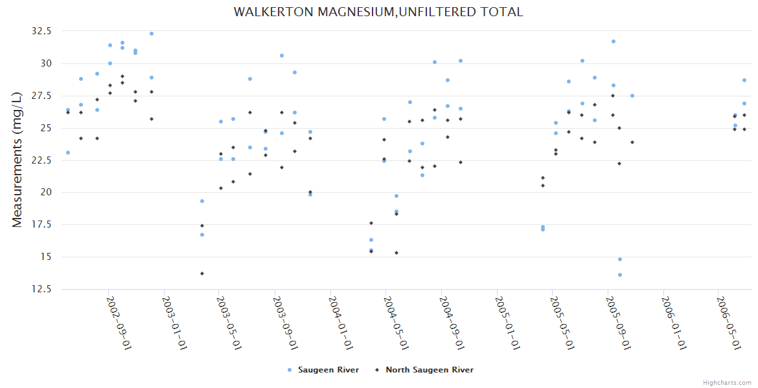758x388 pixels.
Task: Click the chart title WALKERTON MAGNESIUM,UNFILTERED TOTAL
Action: [378, 12]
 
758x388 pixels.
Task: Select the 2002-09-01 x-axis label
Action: [119, 323]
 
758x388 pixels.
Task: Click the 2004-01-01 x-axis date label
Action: [340, 323]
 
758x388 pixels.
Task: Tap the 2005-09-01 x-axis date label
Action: [617, 323]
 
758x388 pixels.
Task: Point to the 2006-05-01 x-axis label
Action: [728, 323]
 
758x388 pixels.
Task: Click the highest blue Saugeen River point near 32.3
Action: [152, 34]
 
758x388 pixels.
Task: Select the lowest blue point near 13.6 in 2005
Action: [620, 275]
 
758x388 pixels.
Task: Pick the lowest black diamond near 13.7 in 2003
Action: [202, 274]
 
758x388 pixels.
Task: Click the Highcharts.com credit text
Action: [727, 382]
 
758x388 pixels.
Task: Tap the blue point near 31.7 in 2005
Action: [614, 41]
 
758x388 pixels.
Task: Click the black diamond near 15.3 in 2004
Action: [396, 253]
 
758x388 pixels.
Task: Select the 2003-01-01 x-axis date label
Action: [174, 323]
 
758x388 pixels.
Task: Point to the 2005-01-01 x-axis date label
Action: [507, 323]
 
